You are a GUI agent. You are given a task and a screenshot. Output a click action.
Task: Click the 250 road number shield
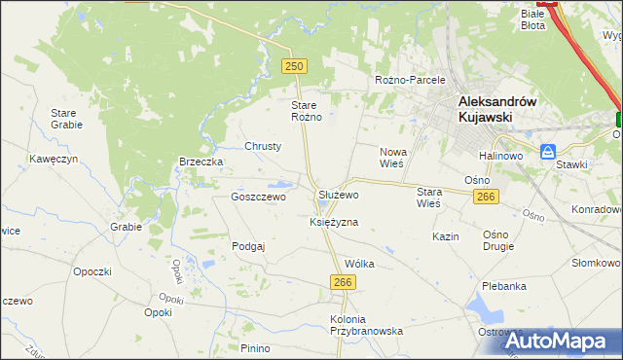[295, 66]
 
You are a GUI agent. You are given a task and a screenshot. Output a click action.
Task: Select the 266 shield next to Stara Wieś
[488, 198]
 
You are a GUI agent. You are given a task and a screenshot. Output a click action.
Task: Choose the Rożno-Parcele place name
[410, 80]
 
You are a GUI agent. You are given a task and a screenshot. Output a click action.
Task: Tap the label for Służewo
[339, 195]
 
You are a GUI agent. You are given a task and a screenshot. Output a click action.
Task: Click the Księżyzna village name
[334, 222]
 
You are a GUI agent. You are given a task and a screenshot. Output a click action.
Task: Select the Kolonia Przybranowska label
[366, 325]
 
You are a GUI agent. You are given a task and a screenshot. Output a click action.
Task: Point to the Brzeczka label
[202, 162]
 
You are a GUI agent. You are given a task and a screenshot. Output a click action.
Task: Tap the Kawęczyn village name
[52, 158]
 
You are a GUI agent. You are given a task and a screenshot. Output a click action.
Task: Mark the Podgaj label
[248, 247]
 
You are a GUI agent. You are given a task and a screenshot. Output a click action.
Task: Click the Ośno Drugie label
[502, 241]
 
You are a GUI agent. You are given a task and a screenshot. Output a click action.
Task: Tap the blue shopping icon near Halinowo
[548, 153]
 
